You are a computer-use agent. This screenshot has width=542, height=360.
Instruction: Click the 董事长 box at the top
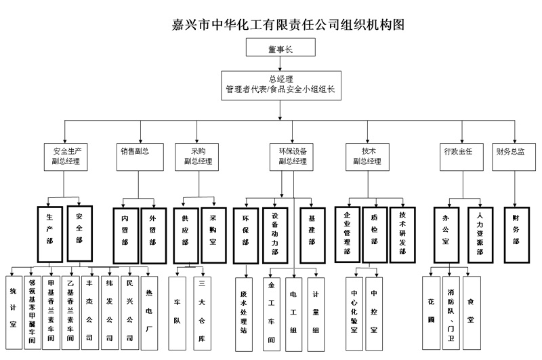click(279, 48)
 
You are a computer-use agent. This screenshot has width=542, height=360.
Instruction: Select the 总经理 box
click(279, 84)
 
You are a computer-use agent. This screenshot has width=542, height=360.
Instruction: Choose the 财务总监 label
click(510, 151)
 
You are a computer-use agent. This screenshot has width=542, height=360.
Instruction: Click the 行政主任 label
click(458, 151)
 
